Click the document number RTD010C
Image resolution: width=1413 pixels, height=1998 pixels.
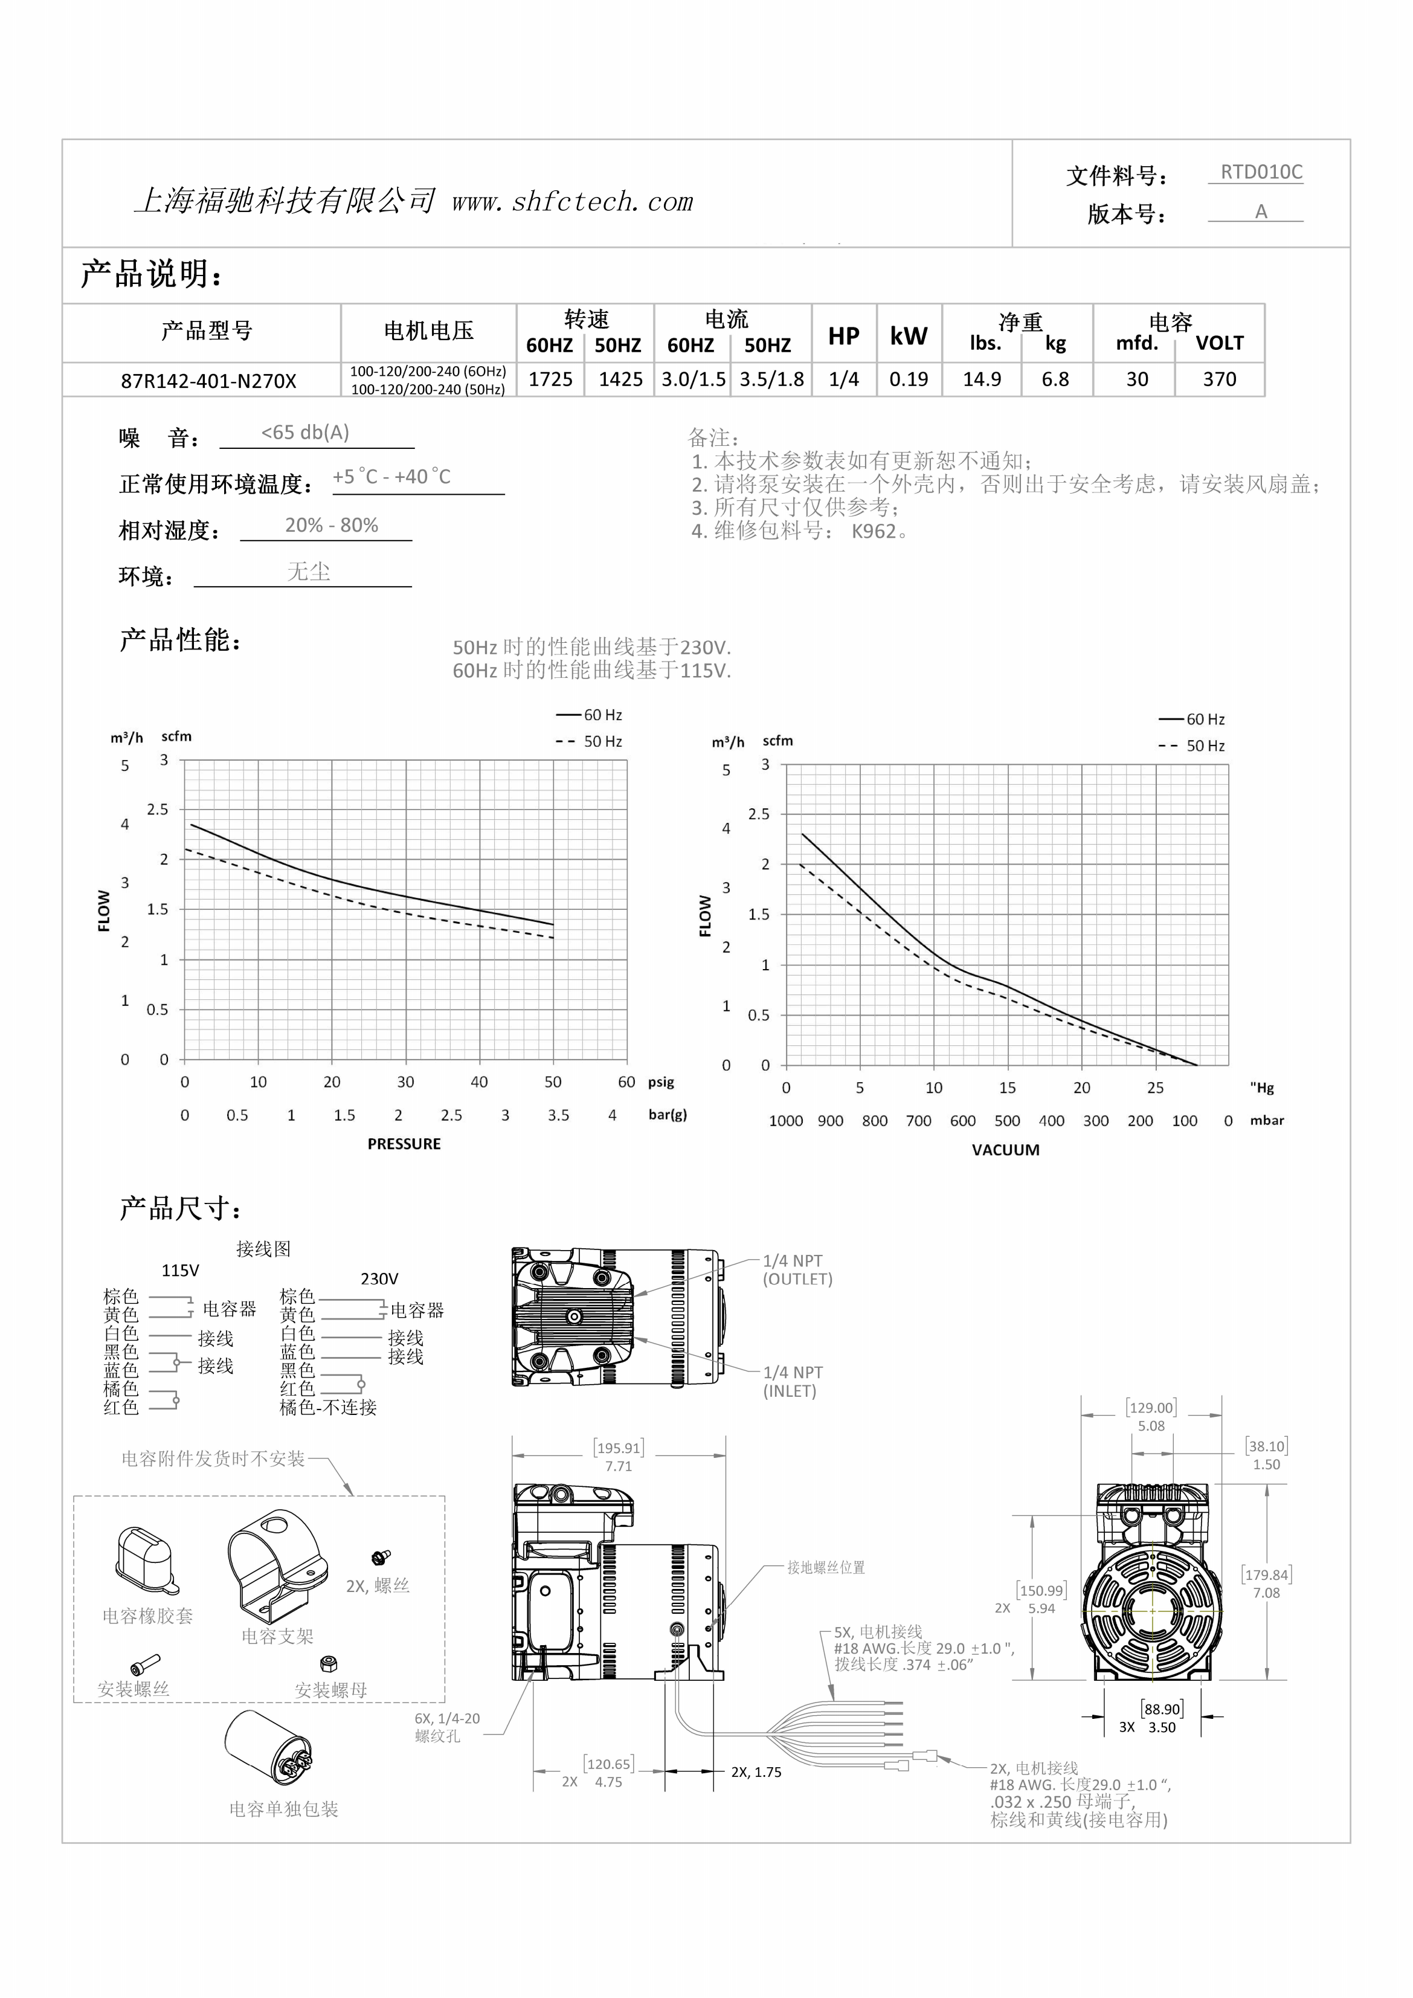1261,172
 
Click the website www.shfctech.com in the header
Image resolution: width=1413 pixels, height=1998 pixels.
573,202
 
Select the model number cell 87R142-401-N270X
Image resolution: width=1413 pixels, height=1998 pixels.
209,380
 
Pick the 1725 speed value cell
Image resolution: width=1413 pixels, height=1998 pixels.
551,379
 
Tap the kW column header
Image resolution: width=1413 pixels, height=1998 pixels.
909,336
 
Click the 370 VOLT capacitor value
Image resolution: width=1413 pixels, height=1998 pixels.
1220,379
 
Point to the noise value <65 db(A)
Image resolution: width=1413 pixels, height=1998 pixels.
306,433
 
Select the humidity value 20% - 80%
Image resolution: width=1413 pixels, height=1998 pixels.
332,525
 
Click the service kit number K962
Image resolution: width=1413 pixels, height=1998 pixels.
874,531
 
